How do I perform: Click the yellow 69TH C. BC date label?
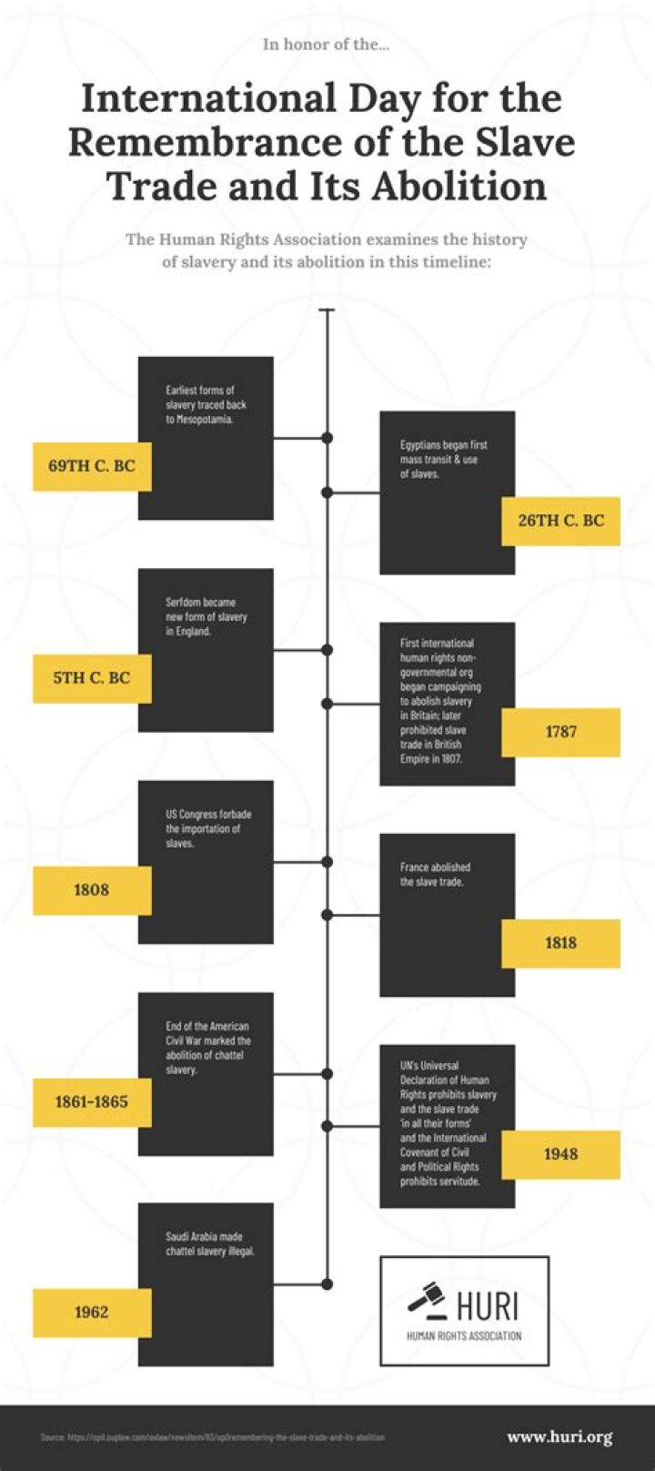(92, 466)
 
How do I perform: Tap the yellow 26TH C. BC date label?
(560, 521)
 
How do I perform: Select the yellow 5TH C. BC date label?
(92, 678)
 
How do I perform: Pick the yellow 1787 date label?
(560, 732)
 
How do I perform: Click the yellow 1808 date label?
(92, 890)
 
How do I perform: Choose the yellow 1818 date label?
(560, 943)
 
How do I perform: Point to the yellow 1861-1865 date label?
(92, 1101)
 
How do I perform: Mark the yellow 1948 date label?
(560, 1154)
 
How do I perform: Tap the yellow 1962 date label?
(92, 1313)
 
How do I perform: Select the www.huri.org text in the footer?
(559, 1437)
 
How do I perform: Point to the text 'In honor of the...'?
(326, 44)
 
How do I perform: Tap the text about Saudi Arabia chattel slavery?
(210, 1244)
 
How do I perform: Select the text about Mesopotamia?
(206, 405)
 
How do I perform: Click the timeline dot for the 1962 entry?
(327, 1285)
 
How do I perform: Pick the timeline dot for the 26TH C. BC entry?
(327, 492)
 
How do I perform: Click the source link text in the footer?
(212, 1437)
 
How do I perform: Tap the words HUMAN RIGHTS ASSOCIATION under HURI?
(464, 1336)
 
